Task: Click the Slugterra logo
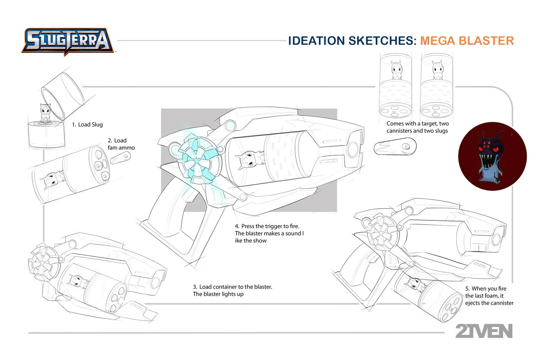click(67, 41)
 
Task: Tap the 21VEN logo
click(484, 331)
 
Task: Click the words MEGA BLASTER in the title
click(467, 41)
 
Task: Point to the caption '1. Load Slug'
click(87, 124)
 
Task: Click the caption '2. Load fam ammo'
click(121, 144)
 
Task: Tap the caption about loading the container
click(232, 290)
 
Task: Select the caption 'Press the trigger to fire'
click(269, 233)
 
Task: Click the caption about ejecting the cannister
click(489, 296)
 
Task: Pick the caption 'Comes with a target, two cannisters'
click(417, 127)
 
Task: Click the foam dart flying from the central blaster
click(395, 147)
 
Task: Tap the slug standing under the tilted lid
click(46, 113)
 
